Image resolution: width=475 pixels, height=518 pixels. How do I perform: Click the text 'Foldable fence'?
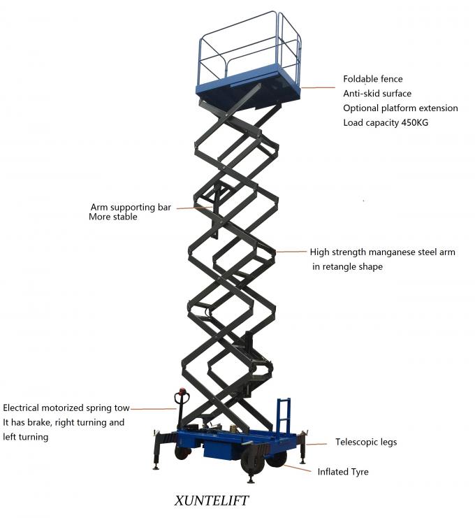(372, 79)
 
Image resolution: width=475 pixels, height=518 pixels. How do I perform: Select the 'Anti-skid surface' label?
(377, 94)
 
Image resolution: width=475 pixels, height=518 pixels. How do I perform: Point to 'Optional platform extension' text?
(400, 108)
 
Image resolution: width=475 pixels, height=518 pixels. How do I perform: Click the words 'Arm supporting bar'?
(131, 207)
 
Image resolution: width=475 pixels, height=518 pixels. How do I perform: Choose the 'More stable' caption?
(113, 217)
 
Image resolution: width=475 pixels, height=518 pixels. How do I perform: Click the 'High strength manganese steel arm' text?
(382, 252)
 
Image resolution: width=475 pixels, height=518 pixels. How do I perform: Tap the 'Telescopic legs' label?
(366, 442)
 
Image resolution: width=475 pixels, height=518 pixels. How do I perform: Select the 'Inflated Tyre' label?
(343, 472)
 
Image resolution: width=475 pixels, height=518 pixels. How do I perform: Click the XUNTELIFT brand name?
(210, 501)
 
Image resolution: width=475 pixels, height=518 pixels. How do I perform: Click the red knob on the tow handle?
(183, 392)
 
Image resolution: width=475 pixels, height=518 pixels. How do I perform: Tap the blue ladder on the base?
(283, 415)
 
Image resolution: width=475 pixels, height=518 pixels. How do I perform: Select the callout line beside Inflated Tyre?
(297, 467)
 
